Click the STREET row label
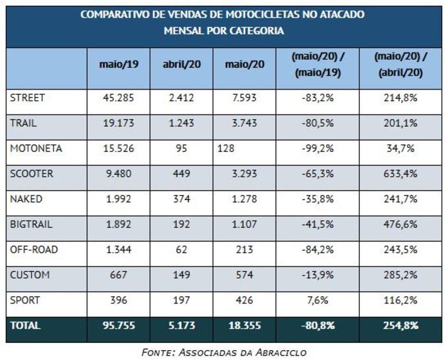point(28,98)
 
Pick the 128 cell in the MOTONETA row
point(226,149)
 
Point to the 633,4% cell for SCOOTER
point(401,174)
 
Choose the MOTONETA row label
point(36,149)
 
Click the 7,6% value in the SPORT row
point(318,300)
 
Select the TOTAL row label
point(25,325)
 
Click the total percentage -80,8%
point(318,325)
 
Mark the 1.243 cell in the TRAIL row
point(181,123)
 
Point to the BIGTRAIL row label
point(32,224)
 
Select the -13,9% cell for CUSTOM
point(318,274)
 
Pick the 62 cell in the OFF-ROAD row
point(181,249)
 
